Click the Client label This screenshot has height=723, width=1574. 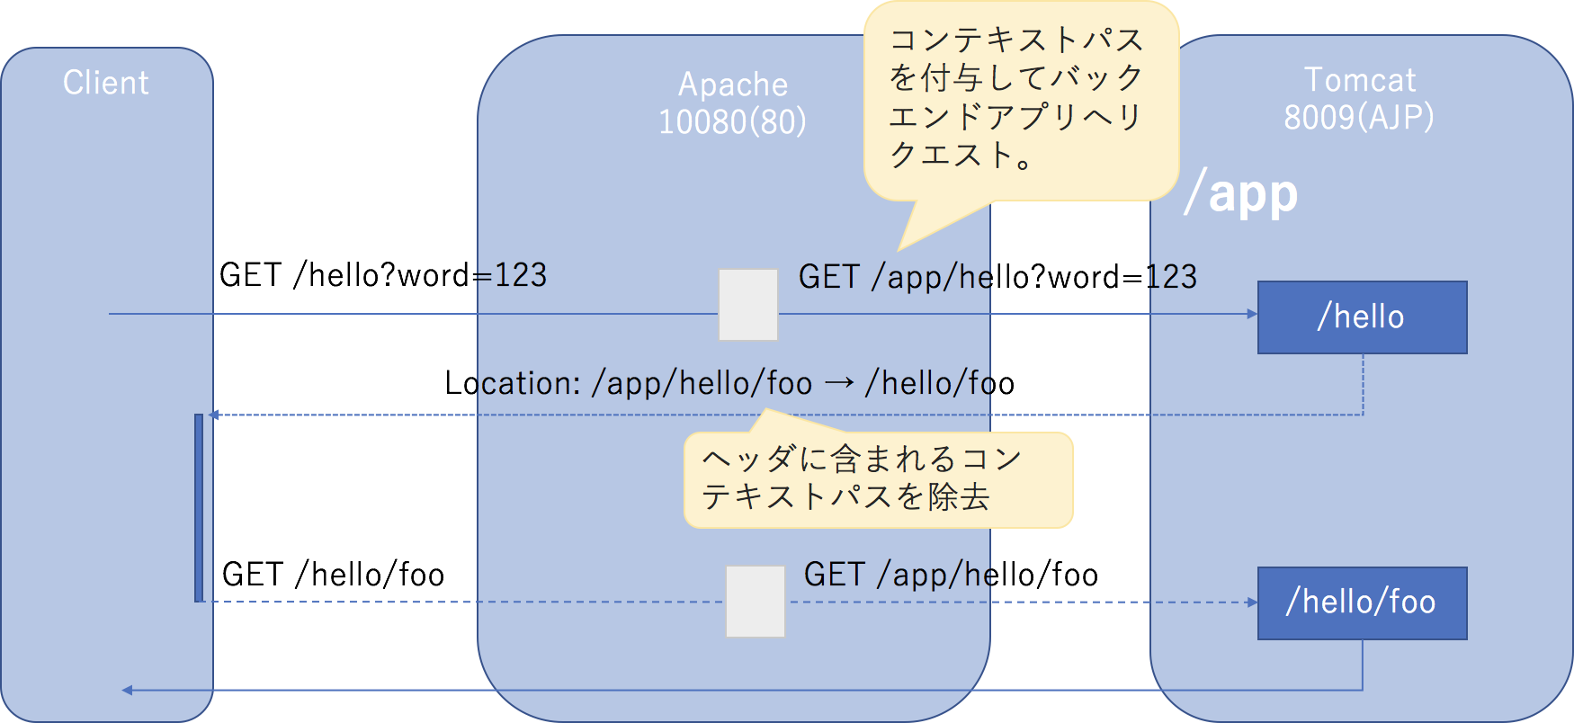coord(105,83)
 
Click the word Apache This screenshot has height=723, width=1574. coord(732,85)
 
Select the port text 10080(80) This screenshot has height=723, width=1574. coord(732,121)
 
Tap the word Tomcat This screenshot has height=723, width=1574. coord(1359,80)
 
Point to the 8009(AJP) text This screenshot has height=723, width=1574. coord(1358,117)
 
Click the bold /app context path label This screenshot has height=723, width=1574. coord(1241,193)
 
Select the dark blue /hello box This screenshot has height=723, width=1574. coord(1362,317)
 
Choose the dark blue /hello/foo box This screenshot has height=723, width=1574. coord(1362,602)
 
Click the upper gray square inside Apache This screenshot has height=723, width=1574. coord(747,304)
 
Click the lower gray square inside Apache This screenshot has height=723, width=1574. coord(755,601)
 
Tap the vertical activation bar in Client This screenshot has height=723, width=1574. coord(199,508)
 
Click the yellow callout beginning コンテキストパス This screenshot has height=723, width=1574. coord(1020,99)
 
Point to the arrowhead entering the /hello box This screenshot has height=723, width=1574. coord(1252,314)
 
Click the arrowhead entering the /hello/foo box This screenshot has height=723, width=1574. coord(1252,602)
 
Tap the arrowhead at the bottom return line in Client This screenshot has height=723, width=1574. coord(127,690)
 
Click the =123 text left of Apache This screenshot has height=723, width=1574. coord(512,275)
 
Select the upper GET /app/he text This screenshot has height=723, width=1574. coord(894,277)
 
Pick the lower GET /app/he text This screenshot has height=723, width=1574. coord(899,575)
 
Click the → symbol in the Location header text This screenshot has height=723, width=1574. coord(838,384)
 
